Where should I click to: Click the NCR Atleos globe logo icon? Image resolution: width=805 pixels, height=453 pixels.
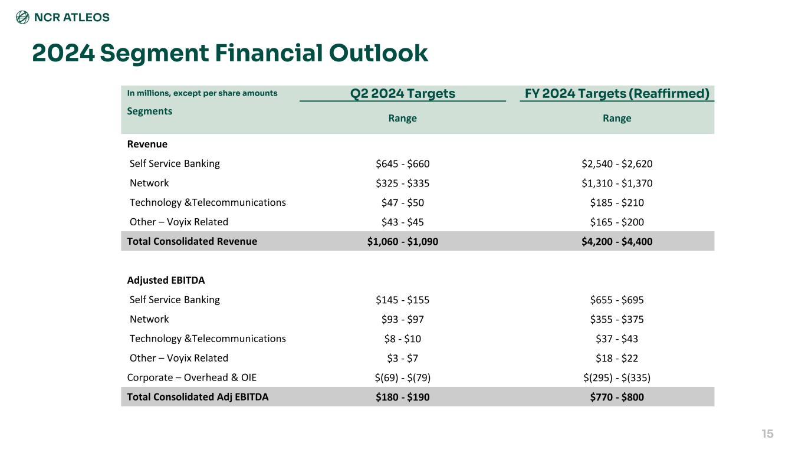pos(22,17)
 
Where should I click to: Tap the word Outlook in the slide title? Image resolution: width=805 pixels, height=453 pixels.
pos(379,53)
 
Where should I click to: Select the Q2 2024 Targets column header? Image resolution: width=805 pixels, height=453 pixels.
pos(402,93)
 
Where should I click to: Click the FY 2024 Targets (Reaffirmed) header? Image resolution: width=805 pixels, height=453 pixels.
pos(617,93)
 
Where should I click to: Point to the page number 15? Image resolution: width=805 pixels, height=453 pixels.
pos(767,434)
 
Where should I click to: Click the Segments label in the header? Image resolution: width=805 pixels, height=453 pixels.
pos(150,111)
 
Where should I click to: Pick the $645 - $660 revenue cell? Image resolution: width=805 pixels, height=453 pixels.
pos(402,163)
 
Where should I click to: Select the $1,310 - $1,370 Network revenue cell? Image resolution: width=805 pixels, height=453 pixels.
pos(617,183)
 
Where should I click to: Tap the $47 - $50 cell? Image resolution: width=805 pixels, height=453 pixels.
pos(402,202)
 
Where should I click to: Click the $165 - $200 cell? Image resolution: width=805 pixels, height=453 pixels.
pos(617,222)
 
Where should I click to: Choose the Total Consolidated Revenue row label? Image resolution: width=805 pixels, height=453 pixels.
pos(192,241)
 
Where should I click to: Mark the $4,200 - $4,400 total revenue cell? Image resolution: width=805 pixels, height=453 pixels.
pos(617,241)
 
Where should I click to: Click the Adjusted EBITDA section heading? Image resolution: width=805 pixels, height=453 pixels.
pos(166,280)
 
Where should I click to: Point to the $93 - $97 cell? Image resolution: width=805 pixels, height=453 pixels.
pos(402,319)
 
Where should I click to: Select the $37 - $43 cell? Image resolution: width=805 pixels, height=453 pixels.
pos(617,339)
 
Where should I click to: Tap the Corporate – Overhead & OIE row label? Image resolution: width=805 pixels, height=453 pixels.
pos(192,377)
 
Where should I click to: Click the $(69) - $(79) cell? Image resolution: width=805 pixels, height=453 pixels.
pos(402,377)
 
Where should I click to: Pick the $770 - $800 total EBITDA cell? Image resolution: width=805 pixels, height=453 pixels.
pos(617,397)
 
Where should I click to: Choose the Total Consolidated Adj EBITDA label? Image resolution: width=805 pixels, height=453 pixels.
pos(198,397)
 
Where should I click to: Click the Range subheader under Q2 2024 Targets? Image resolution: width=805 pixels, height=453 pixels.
pos(402,119)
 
